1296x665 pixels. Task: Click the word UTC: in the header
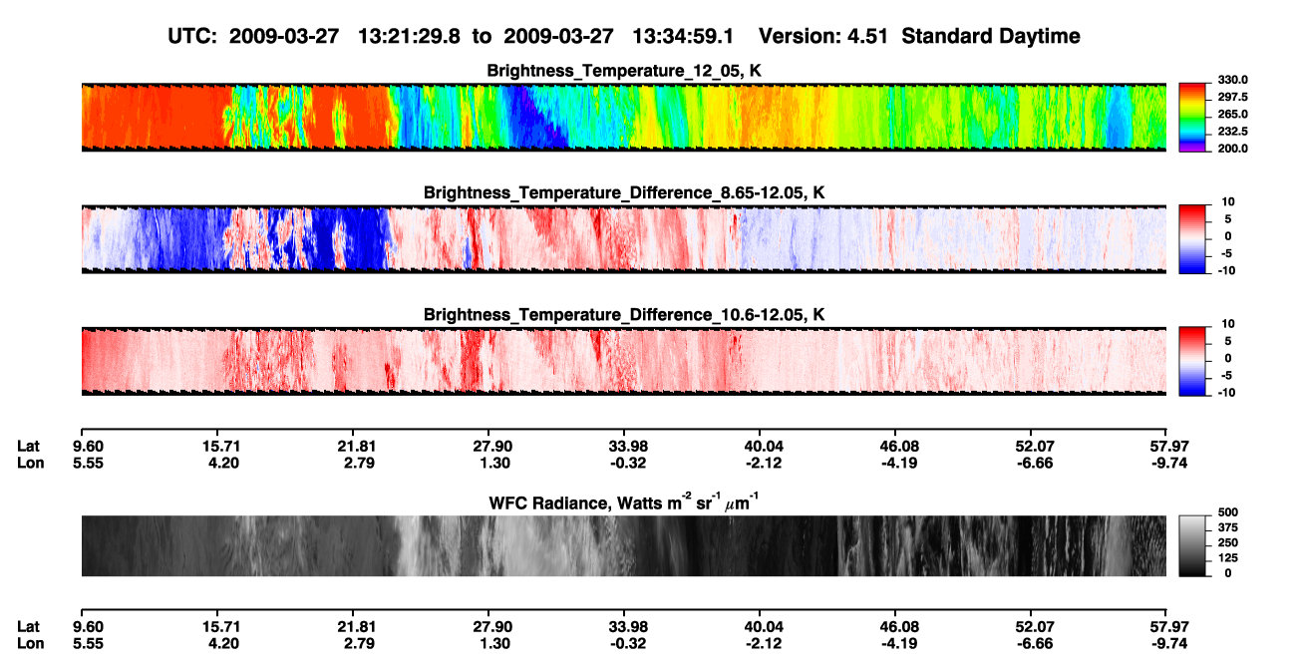[x=192, y=37]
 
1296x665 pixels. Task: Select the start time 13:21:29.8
[x=409, y=37]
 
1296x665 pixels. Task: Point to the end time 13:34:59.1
[x=683, y=37]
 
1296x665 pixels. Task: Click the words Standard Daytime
[x=991, y=37]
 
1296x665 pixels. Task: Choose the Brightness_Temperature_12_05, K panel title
[x=624, y=71]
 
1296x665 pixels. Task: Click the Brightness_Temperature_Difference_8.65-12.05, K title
[x=624, y=192]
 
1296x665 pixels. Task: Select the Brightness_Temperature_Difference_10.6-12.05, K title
[x=624, y=315]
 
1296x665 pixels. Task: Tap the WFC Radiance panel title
[x=623, y=502]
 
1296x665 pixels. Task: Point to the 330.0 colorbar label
[x=1232, y=80]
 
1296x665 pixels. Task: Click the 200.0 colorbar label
[x=1232, y=149]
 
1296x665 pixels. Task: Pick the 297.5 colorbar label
[x=1232, y=98]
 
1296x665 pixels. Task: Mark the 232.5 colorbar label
[x=1232, y=132]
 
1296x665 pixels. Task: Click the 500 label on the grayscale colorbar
[x=1228, y=512]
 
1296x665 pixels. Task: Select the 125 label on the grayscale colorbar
[x=1228, y=558]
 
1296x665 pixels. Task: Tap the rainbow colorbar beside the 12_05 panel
[x=1192, y=118]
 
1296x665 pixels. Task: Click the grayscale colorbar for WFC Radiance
[x=1192, y=545]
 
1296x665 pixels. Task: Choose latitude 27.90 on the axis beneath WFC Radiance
[x=492, y=627]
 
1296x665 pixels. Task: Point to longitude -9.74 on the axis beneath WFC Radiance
[x=1168, y=644]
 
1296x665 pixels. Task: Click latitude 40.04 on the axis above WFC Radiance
[x=764, y=447]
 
